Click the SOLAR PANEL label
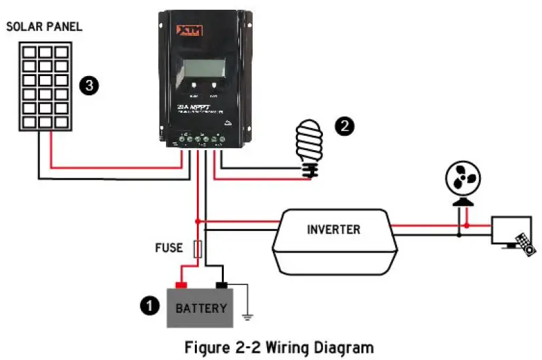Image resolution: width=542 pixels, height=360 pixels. (44, 27)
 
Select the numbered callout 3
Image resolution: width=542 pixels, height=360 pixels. (89, 85)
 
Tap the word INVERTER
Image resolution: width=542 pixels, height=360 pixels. (333, 230)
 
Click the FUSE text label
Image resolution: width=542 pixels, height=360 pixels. (169, 249)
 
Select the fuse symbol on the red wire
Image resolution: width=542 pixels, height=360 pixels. (198, 249)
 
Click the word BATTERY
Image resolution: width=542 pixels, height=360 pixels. (201, 308)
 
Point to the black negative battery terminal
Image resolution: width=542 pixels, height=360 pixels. (222, 285)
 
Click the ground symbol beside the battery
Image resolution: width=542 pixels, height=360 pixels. (248, 317)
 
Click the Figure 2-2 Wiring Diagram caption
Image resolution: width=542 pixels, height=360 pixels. (279, 346)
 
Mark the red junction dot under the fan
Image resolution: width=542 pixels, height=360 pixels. (466, 226)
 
